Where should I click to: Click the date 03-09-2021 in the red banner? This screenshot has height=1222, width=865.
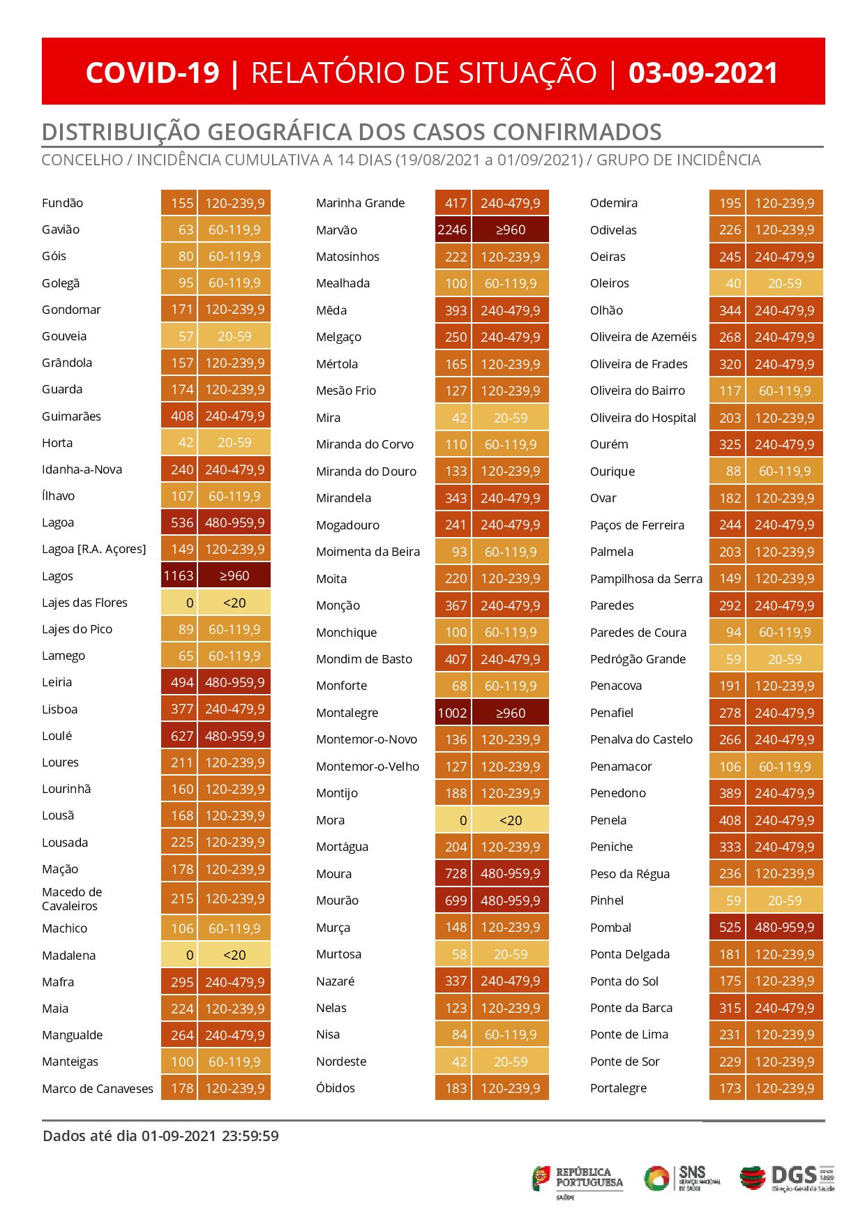click(x=703, y=73)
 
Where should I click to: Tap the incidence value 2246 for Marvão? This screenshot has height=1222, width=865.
click(x=453, y=230)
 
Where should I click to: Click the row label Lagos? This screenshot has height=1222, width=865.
click(x=57, y=576)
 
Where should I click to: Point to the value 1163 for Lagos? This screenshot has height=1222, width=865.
click(x=179, y=576)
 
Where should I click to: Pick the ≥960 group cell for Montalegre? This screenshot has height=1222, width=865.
click(x=511, y=713)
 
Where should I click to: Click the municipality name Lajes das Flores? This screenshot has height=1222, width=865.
click(x=84, y=603)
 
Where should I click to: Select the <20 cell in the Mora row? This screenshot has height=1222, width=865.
click(x=511, y=820)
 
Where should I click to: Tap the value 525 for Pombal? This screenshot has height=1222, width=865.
click(x=730, y=928)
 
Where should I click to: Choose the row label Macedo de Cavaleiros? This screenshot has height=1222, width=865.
click(x=72, y=899)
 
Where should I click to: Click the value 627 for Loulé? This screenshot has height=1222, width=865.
click(x=181, y=736)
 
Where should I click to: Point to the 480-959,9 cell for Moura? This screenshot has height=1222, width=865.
click(x=511, y=874)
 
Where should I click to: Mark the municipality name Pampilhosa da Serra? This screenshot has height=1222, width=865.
click(x=646, y=579)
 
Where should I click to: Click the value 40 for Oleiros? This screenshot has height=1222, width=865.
click(x=732, y=283)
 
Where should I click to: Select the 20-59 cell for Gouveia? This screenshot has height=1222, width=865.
click(x=234, y=336)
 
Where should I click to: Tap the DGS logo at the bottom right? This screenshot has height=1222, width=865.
click(x=787, y=1178)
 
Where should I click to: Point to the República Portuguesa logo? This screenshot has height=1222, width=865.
click(x=578, y=1178)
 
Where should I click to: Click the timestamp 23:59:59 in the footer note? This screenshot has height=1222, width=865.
click(x=250, y=1136)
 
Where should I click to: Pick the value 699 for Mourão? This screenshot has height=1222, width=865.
click(x=456, y=900)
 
